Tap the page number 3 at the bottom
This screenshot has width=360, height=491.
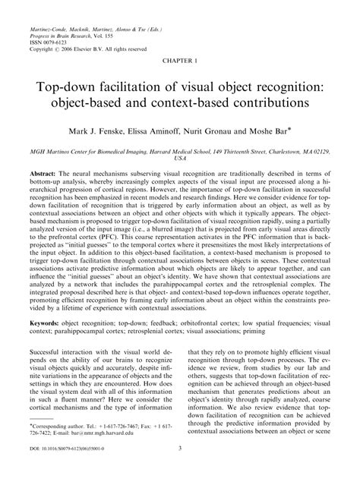180,469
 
